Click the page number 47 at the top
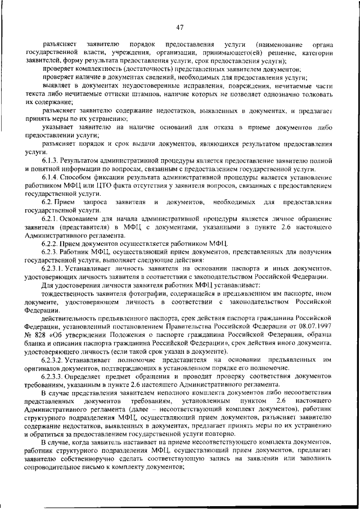tap(179, 26)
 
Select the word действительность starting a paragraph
tap(71, 317)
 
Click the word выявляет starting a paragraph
tap(57, 86)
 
